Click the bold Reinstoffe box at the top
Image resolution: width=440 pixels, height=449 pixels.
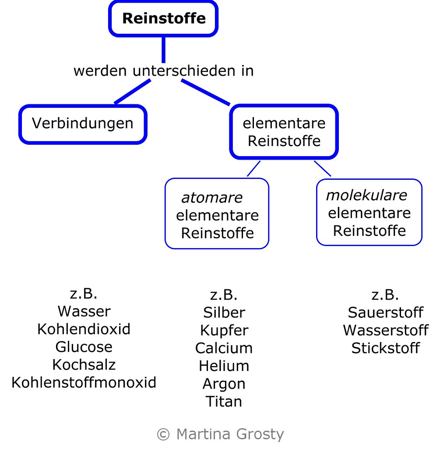[163, 18]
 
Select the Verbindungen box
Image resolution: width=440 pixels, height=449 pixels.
[83, 124]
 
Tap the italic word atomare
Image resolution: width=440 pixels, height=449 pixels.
[211, 198]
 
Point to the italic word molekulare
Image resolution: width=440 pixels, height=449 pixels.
[366, 195]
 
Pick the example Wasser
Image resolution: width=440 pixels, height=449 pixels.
[84, 311]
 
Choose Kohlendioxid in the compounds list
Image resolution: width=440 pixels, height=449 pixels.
[84, 329]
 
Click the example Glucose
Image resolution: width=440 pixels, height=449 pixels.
[84, 347]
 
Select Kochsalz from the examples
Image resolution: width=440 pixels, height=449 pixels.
[84, 364]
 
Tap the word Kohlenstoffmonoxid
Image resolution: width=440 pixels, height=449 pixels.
[84, 382]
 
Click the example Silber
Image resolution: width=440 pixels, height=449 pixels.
[224, 313]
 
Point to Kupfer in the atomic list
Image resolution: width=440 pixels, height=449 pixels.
[224, 330]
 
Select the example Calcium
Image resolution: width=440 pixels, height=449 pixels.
[224, 348]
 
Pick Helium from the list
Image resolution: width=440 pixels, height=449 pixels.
[224, 366]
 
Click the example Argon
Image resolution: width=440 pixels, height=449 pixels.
[224, 384]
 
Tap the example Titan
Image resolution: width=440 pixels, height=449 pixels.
[224, 401]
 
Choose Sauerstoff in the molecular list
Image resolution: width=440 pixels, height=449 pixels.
[385, 313]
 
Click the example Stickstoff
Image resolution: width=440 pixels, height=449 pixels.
[385, 348]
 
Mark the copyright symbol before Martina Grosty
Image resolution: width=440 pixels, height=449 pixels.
[163, 435]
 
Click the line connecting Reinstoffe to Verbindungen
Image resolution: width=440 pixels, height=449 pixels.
[131, 92]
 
